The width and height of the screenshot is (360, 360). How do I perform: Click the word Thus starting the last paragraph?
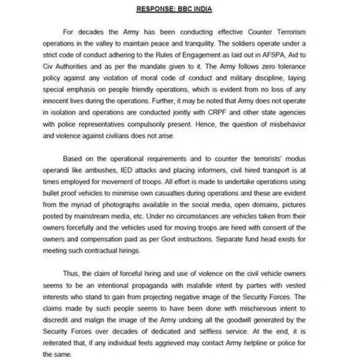click(71, 275)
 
